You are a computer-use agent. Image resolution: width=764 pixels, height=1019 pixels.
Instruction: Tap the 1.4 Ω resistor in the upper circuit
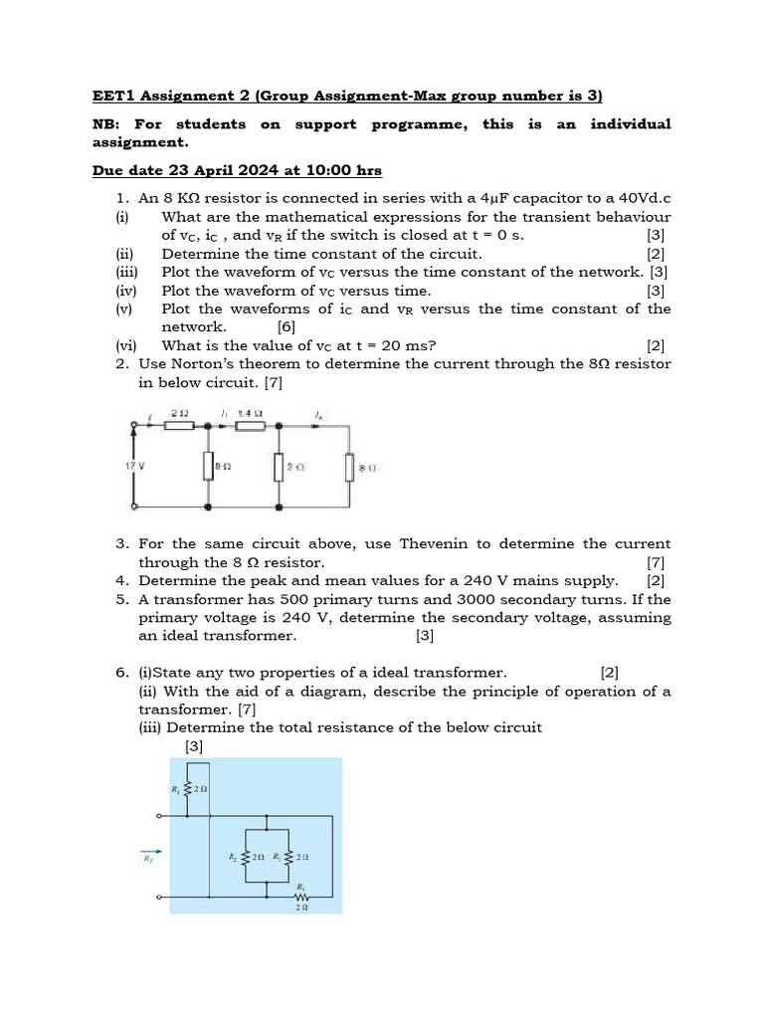[x=251, y=426]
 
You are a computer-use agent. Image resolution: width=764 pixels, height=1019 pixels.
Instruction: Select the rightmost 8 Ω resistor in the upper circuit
[x=349, y=466]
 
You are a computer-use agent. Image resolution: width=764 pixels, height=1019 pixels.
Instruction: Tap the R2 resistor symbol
[x=245, y=855]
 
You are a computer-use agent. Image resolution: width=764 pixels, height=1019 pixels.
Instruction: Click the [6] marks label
[x=286, y=326]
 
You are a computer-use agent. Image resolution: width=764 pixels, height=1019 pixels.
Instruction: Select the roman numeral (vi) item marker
[x=126, y=345]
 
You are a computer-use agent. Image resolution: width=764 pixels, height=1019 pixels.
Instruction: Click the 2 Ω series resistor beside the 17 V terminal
[x=179, y=426]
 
